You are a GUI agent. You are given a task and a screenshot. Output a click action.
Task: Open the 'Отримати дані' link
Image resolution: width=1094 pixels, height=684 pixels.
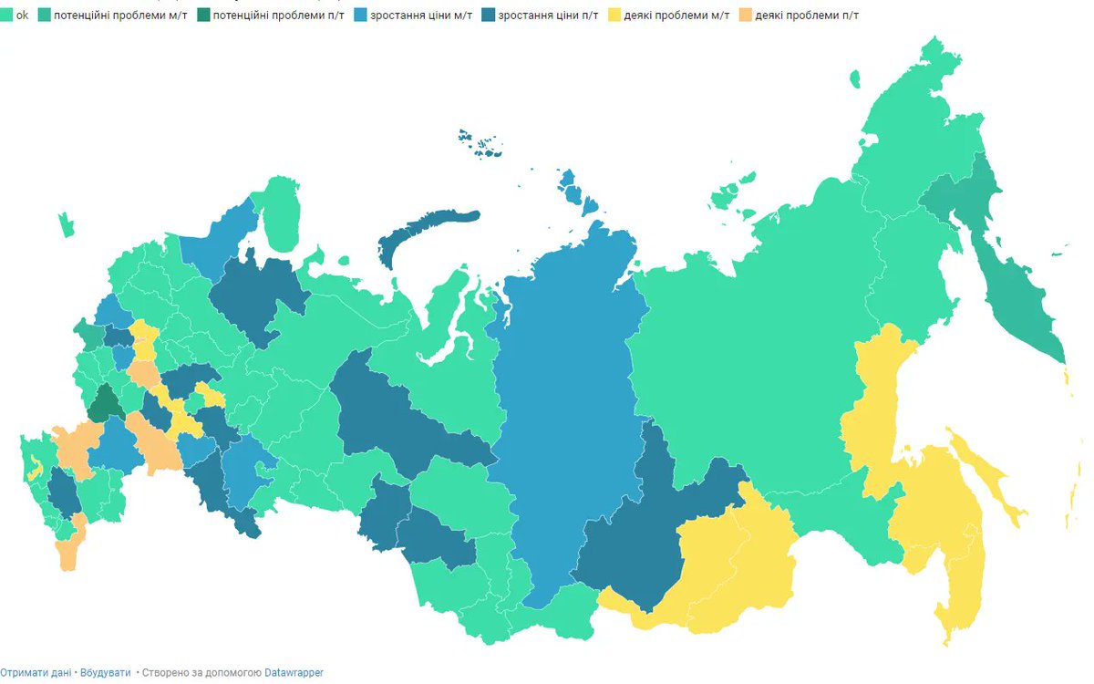(x=36, y=672)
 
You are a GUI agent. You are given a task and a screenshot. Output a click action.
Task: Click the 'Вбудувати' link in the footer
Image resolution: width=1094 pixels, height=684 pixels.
(x=105, y=672)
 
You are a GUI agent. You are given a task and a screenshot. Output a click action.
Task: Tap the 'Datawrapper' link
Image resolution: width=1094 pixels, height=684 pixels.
(x=294, y=672)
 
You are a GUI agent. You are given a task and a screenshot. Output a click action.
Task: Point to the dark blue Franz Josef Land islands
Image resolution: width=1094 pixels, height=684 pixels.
(x=481, y=144)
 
